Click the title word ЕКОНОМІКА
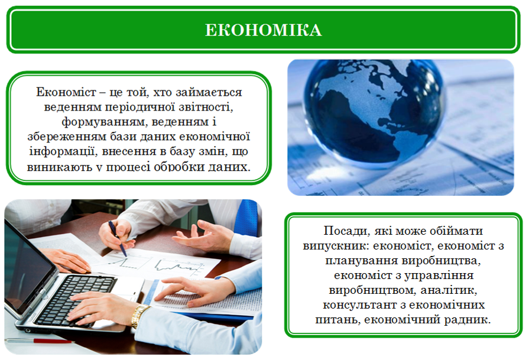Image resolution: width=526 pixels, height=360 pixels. pos(264,30)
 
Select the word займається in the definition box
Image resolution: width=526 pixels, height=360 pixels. pos(209,92)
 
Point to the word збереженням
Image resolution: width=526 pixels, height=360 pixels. pos(66,137)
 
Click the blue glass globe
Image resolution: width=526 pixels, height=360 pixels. pos(374,112)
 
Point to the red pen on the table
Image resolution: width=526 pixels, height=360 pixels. pos(40,341)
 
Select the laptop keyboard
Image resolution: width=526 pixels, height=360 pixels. pos(76,298)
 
